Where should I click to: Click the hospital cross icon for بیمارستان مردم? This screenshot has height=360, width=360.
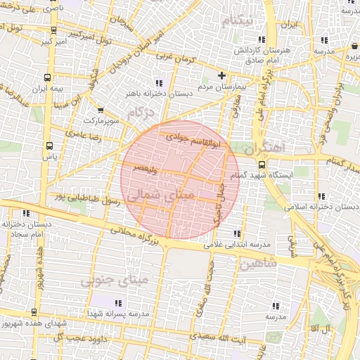pos(222,75)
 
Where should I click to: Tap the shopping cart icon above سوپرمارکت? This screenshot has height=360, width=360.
pos(101,110)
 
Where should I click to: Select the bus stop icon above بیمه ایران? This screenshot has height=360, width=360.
pos(47,78)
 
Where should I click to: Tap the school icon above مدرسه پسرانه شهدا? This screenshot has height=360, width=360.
pos(137,304)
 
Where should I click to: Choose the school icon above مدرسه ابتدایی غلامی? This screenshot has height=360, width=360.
pos(236,233)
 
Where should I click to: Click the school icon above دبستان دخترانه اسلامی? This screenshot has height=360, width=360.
pos(321,196)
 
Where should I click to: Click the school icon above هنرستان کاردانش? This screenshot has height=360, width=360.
pos(262,40)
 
